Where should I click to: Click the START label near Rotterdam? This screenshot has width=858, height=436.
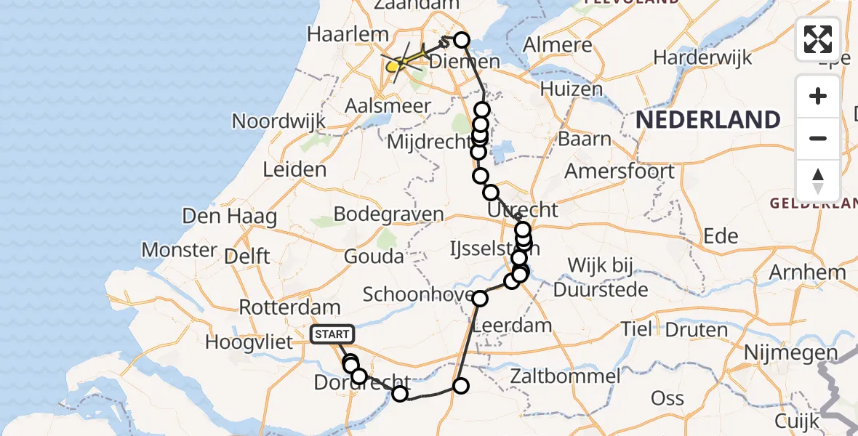click(332, 334)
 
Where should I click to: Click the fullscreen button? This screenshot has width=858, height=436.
click(818, 39)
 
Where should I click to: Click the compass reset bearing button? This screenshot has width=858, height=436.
click(818, 180)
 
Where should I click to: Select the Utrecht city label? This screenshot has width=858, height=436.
click(524, 211)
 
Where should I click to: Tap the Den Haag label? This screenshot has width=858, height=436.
click(219, 216)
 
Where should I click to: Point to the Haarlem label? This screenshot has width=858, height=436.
click(337, 34)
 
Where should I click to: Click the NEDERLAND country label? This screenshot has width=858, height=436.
click(708, 119)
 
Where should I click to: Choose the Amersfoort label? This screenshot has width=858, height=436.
click(620, 172)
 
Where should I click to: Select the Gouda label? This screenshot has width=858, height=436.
click(374, 256)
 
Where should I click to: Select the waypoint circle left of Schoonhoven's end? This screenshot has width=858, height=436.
click(480, 298)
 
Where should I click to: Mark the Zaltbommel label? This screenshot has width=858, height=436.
click(565, 376)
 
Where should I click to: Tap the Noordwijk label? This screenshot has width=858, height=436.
click(278, 121)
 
